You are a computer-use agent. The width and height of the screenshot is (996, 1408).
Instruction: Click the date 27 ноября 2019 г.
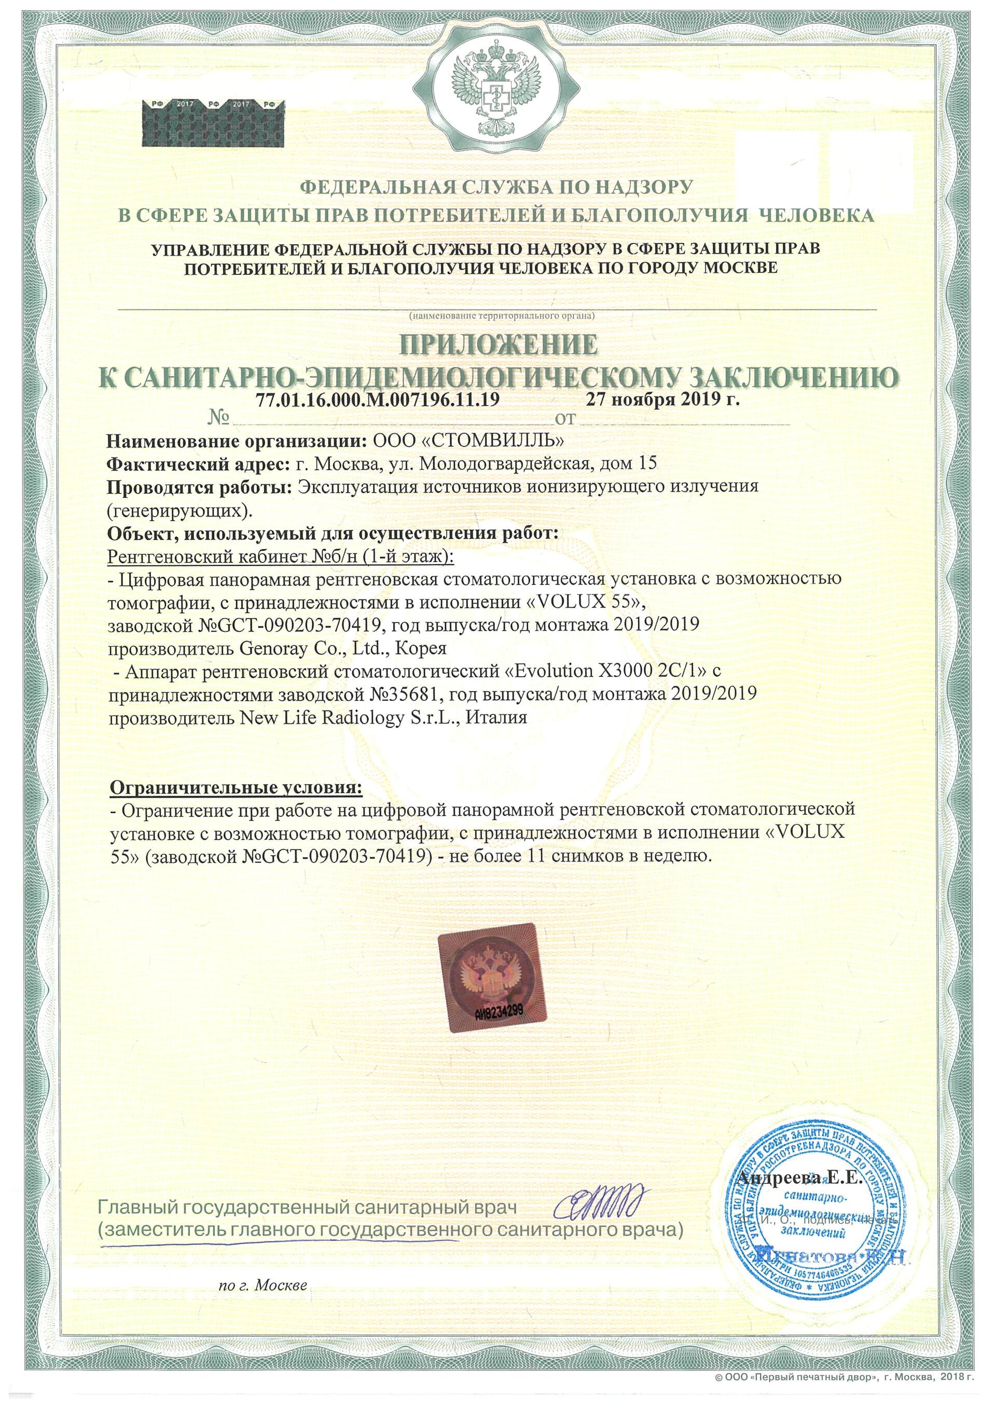coord(662,400)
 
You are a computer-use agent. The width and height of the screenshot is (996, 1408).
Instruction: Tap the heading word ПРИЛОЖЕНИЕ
coord(498,345)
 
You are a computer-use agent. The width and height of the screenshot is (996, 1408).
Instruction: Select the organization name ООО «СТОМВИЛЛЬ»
coord(468,441)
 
